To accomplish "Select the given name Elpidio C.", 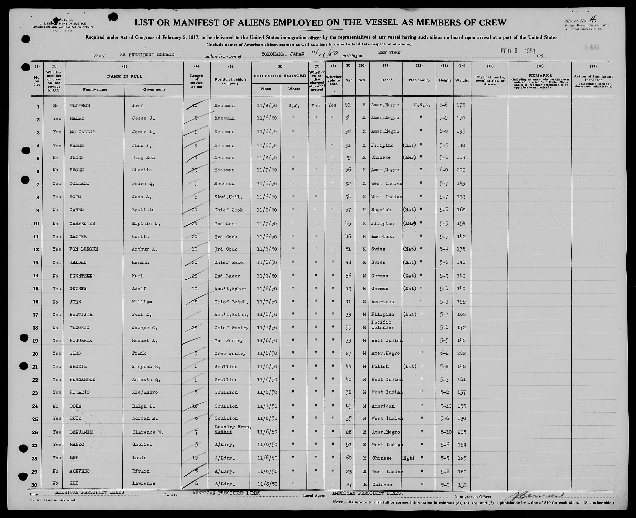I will click(x=146, y=224).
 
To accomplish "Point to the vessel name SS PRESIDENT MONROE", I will click(x=147, y=55).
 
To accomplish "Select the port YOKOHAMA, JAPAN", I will click(x=283, y=54).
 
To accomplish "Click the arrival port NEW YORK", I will click(x=389, y=53).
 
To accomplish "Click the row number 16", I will click(x=36, y=302).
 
